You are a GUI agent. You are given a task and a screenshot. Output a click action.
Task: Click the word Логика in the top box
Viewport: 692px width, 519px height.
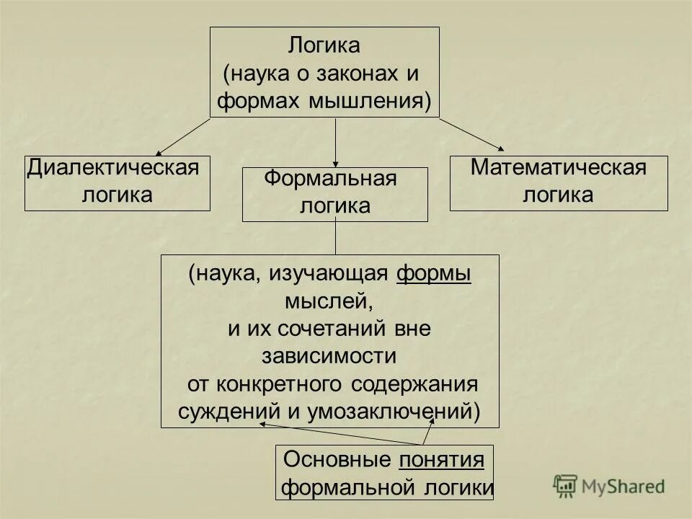pyautogui.click(x=324, y=45)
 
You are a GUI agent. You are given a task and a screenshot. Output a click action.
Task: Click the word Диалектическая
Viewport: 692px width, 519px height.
pyautogui.click(x=112, y=169)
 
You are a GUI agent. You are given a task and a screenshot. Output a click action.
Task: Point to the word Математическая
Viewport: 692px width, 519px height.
pyautogui.click(x=558, y=168)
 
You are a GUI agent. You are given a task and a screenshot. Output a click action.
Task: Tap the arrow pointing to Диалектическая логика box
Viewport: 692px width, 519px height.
pyautogui.click(x=184, y=137)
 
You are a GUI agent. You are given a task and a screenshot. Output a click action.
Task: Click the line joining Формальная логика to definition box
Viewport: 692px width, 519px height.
pyautogui.click(x=335, y=238)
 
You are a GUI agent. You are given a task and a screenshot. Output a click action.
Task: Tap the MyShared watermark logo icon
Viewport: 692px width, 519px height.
pyautogui.click(x=566, y=487)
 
